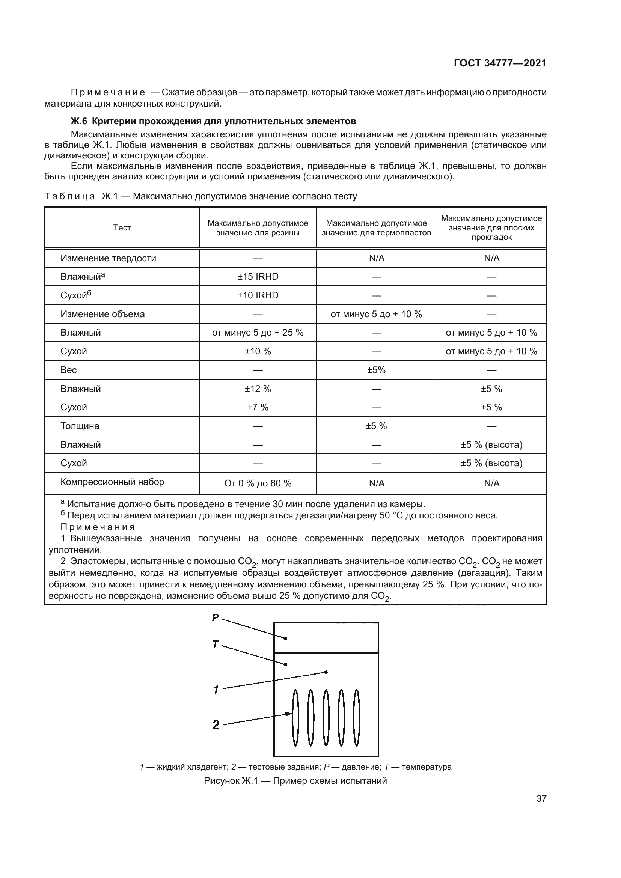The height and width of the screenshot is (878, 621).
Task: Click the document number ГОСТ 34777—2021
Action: pos(500,63)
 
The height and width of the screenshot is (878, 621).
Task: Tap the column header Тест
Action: pos(122,228)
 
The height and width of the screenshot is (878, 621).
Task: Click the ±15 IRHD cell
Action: pos(258,277)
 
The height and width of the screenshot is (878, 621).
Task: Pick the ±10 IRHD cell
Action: pos(258,295)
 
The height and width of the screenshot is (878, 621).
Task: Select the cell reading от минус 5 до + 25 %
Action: pos(258,333)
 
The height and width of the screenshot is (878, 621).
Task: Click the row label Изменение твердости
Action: pos(108,258)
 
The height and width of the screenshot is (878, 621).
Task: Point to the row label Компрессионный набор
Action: pos(112,482)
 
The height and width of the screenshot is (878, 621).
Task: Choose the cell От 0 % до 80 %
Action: pos(258,483)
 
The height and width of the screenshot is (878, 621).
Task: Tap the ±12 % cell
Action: pos(258,389)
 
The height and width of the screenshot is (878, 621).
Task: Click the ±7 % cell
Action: pos(258,407)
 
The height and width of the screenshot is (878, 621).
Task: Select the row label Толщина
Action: pos(80,426)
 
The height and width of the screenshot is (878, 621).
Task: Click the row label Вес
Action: pos(68,370)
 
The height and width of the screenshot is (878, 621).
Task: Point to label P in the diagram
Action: pos(215,617)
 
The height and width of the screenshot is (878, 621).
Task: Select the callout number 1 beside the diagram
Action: pos(216,690)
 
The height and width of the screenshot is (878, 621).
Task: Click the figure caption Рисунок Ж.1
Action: pos(295,781)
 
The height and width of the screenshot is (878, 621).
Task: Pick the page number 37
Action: pos(541,799)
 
